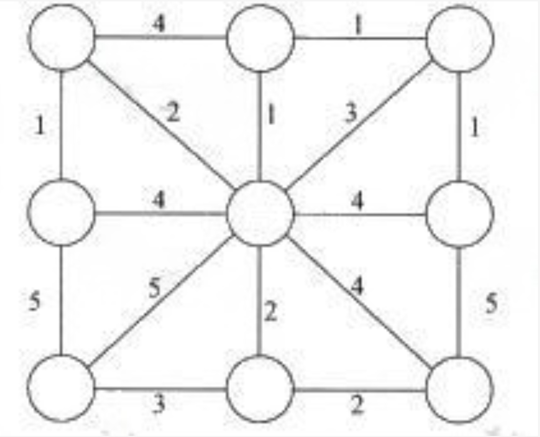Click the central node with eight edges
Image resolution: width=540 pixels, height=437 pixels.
pyautogui.click(x=259, y=213)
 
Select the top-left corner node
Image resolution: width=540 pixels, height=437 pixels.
pyautogui.click(x=62, y=37)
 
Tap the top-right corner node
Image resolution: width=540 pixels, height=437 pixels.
pyautogui.click(x=459, y=39)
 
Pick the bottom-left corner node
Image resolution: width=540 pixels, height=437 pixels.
pyautogui.click(x=61, y=388)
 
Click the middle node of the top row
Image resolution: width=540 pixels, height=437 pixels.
pyautogui.click(x=260, y=38)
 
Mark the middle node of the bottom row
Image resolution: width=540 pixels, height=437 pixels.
pyautogui.click(x=260, y=389)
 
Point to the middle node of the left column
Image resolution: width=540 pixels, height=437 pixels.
pyautogui.click(x=62, y=212)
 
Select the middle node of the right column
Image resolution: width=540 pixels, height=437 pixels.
pyautogui.click(x=459, y=214)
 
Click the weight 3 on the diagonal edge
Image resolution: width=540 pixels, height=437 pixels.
pyautogui.click(x=351, y=113)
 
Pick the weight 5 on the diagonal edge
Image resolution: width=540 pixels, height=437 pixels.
pyautogui.click(x=154, y=289)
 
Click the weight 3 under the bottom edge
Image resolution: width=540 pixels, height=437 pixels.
pyautogui.click(x=159, y=404)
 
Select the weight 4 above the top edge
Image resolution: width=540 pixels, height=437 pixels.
pyautogui.click(x=159, y=25)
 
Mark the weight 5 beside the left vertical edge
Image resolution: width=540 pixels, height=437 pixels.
pyautogui.click(x=34, y=301)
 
